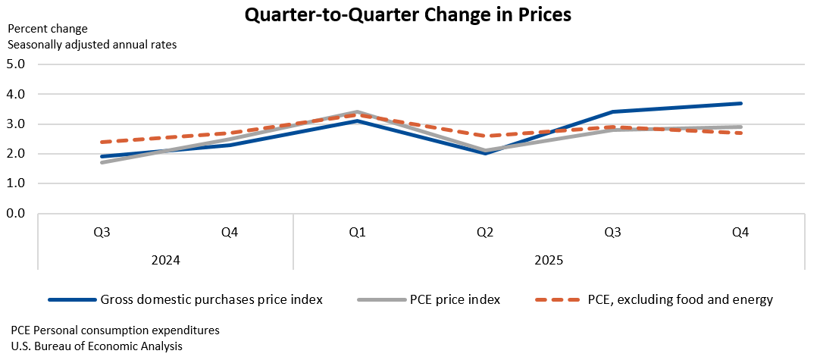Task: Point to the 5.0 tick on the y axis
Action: click(x=15, y=64)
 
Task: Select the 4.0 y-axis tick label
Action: click(x=15, y=94)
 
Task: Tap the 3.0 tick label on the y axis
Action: click(x=15, y=124)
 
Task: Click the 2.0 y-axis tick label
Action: click(x=15, y=154)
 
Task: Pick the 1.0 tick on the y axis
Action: click(x=15, y=183)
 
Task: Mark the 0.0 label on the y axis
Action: click(x=15, y=214)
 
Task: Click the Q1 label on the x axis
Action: click(x=358, y=233)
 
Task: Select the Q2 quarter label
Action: click(x=485, y=233)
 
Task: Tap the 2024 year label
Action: click(x=165, y=260)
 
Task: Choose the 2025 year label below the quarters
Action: click(x=549, y=260)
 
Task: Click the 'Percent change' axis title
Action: click(x=48, y=29)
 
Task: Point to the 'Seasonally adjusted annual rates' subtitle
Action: click(x=92, y=45)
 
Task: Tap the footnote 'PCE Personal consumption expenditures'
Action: click(x=115, y=330)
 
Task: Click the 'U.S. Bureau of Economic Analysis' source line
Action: click(x=97, y=346)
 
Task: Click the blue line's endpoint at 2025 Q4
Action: click(x=740, y=103)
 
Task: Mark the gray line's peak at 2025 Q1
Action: click(x=358, y=112)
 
